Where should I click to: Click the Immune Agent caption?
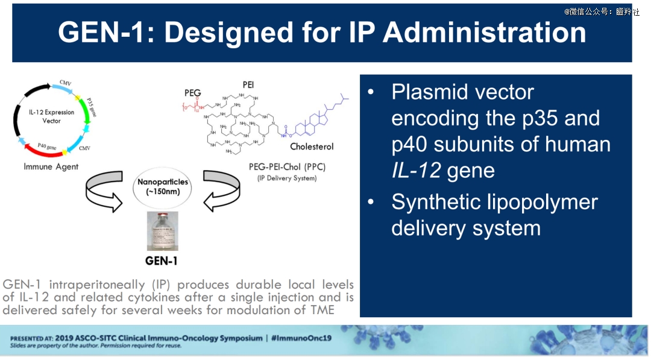pyautogui.click(x=51, y=166)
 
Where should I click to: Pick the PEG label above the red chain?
pyautogui.click(x=193, y=93)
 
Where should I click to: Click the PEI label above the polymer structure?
pyautogui.click(x=248, y=84)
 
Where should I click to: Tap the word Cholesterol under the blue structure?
pyautogui.click(x=312, y=147)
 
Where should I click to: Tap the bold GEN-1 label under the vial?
pyautogui.click(x=161, y=261)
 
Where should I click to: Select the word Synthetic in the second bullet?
pyautogui.click(x=441, y=202)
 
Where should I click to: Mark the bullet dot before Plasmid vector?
pyautogui.click(x=371, y=92)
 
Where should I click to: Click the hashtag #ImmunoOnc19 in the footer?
pyautogui.click(x=301, y=338)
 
